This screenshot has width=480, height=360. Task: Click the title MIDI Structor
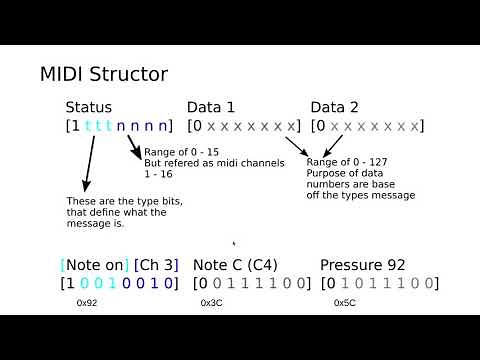(x=103, y=74)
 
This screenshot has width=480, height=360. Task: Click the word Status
(x=89, y=107)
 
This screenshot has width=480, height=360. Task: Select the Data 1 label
(x=211, y=107)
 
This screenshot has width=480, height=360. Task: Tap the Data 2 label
(x=334, y=107)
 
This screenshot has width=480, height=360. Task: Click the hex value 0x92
(x=87, y=302)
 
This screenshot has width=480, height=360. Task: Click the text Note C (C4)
(x=235, y=265)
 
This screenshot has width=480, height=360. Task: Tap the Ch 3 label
(x=156, y=265)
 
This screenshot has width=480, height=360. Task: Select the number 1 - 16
(x=157, y=174)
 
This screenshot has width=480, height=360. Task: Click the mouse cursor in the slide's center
(x=233, y=242)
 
